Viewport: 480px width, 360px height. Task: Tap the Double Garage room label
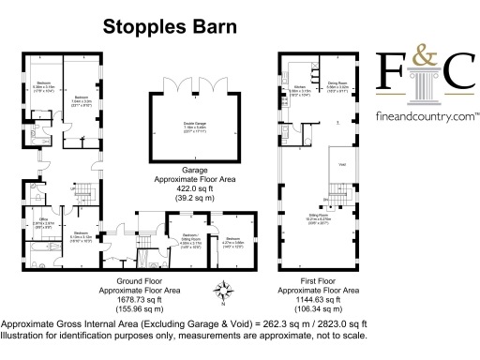(194, 125)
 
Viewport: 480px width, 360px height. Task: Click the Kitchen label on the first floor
(298, 86)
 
